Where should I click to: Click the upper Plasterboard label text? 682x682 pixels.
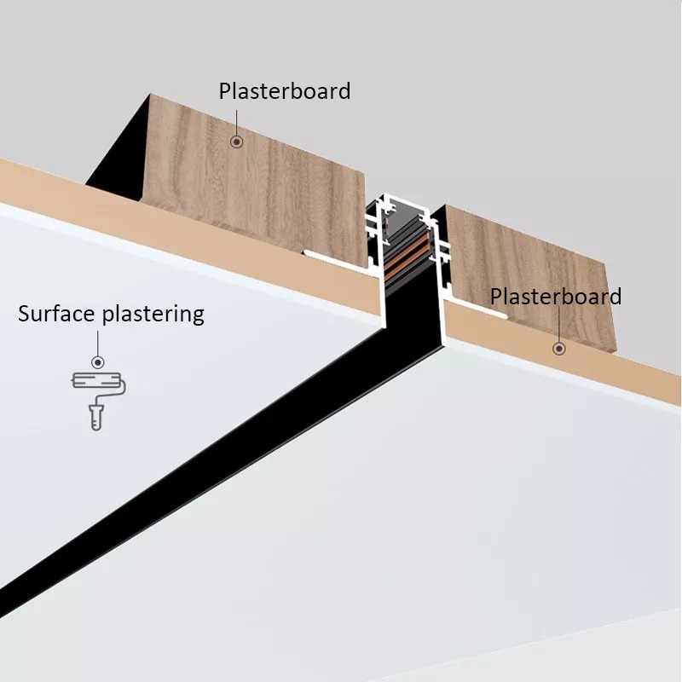pyautogui.click(x=284, y=91)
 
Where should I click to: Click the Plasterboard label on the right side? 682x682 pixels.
pyautogui.click(x=556, y=297)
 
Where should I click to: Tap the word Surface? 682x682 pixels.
pyautogui.click(x=57, y=314)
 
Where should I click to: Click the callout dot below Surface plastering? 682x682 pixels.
pyautogui.click(x=97, y=361)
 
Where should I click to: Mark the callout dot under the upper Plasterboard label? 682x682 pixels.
pyautogui.click(x=237, y=142)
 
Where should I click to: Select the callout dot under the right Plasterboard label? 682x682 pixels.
pyautogui.click(x=559, y=348)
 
